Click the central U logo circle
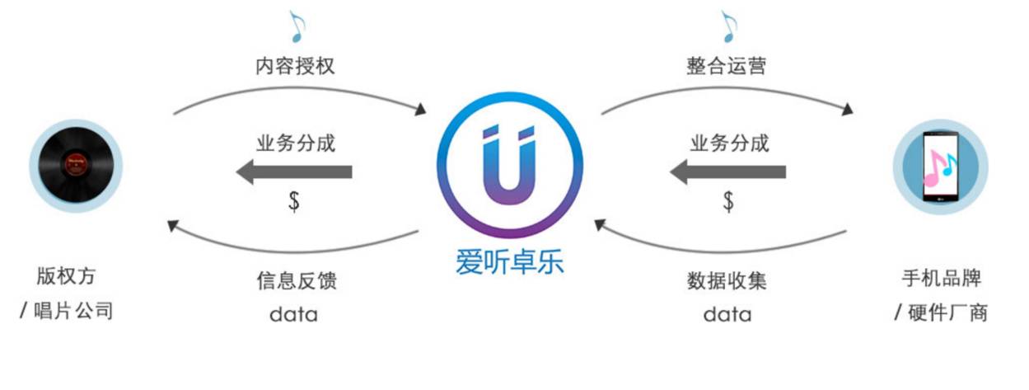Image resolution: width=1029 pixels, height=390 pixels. coord(509,165)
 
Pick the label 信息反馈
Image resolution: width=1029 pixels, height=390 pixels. coord(296,280)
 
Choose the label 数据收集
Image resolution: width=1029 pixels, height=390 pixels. coord(727,280)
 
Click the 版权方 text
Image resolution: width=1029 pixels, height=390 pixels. coord(72,275)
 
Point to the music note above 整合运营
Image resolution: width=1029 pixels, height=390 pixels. coord(728,26)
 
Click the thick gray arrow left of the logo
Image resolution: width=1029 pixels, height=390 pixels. coord(294,172)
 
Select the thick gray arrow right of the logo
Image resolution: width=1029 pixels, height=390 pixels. coord(727,172)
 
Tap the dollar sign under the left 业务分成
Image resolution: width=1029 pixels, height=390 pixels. coord(294,201)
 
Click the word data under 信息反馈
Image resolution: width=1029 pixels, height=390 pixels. coord(293,314)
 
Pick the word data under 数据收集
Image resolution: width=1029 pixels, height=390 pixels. coord(727,314)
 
